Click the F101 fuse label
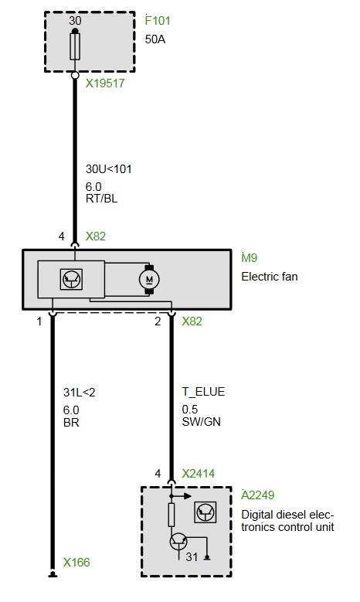[x=158, y=20]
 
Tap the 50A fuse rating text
[x=155, y=39]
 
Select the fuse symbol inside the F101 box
[x=75, y=46]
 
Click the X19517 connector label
[x=105, y=83]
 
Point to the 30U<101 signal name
[x=109, y=169]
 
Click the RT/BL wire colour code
[x=101, y=199]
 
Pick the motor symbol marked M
[x=149, y=280]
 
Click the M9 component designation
[x=249, y=257]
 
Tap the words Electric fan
[x=270, y=277]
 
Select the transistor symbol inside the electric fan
[x=71, y=279]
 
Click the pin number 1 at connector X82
[x=39, y=321]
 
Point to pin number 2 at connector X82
[x=158, y=321]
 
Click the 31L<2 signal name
[x=79, y=393]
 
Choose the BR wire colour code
[x=71, y=422]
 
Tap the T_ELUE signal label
[x=203, y=392]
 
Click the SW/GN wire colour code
[x=201, y=421]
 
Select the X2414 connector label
[x=198, y=474]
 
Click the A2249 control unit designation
[x=257, y=495]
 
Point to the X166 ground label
[x=76, y=563]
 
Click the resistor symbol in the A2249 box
[x=172, y=515]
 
